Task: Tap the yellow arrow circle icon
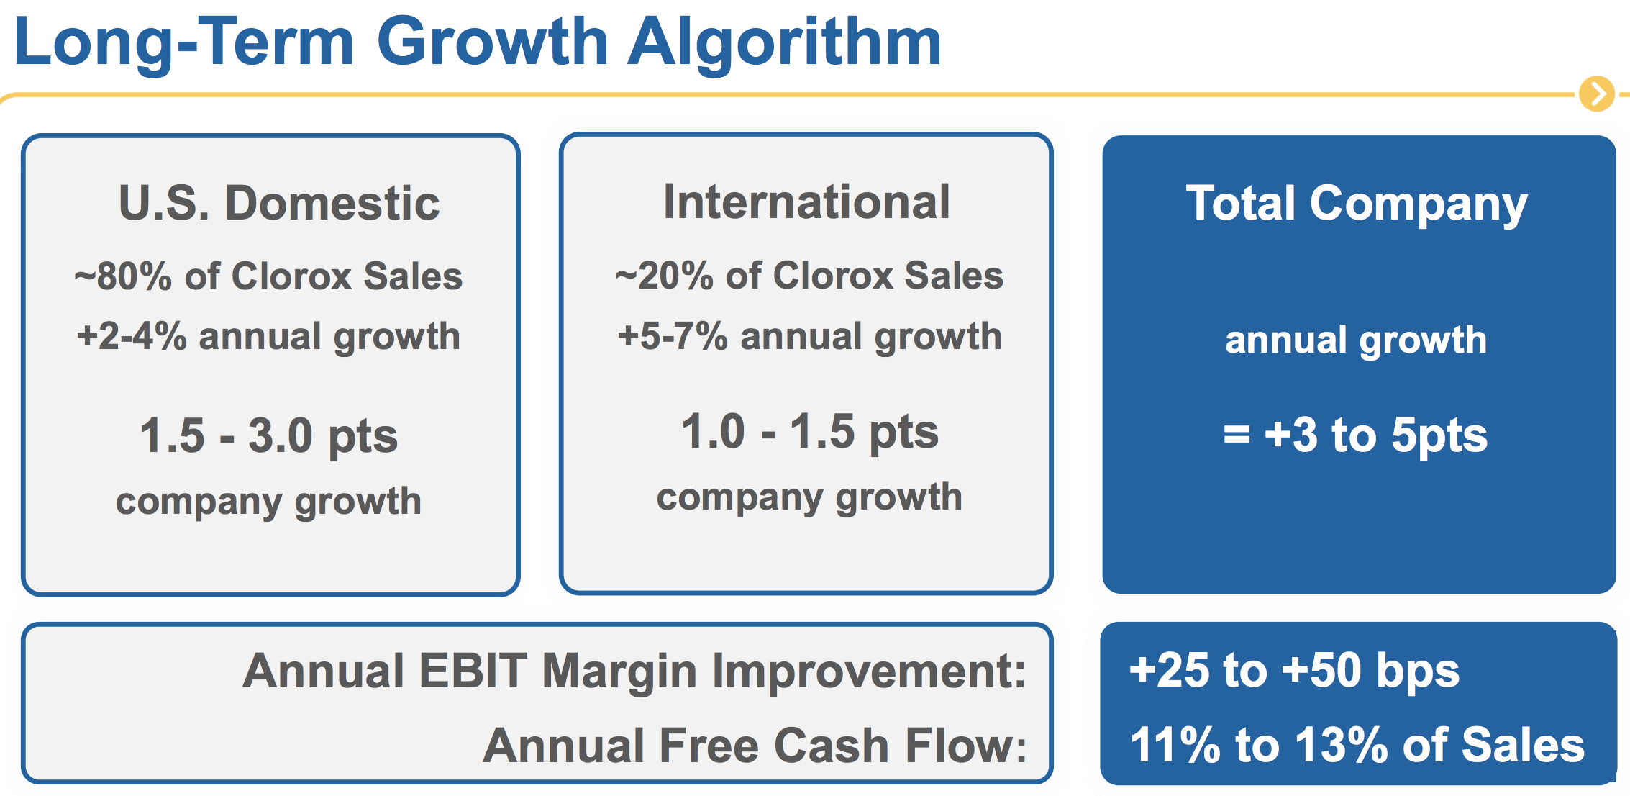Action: coord(1597,94)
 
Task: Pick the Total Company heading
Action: coord(1356,204)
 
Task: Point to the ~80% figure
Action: coord(123,276)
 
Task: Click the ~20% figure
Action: coord(664,276)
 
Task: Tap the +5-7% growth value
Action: coord(673,336)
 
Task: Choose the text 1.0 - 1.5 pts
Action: coord(809,433)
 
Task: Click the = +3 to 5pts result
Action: coord(1355,435)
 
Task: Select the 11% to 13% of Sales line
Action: coord(1357,744)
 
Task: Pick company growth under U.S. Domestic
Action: coord(268,502)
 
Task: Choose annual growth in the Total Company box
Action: coord(1356,340)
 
